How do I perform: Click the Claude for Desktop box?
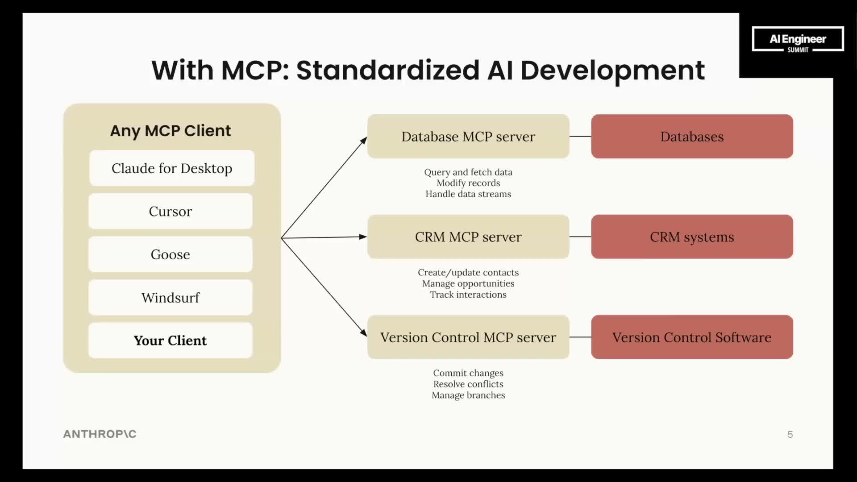[172, 168]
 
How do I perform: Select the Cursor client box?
[171, 211]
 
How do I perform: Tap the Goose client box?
[171, 254]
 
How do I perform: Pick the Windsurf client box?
[171, 298]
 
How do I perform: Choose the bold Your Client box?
[171, 341]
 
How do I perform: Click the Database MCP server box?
[468, 137]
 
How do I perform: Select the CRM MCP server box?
[468, 237]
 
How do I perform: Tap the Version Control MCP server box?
[468, 337]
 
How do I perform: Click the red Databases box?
[692, 137]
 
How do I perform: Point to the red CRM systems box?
[692, 237]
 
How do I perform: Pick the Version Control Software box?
[692, 337]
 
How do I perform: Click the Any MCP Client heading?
[171, 131]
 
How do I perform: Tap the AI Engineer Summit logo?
[798, 39]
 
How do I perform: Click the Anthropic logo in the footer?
[100, 434]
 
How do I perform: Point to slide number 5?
[790, 435]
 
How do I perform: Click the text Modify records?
[468, 183]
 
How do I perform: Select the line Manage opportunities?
[468, 283]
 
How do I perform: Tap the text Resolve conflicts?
[468, 384]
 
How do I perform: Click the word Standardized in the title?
[387, 71]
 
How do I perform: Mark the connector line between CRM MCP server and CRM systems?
[580, 237]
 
